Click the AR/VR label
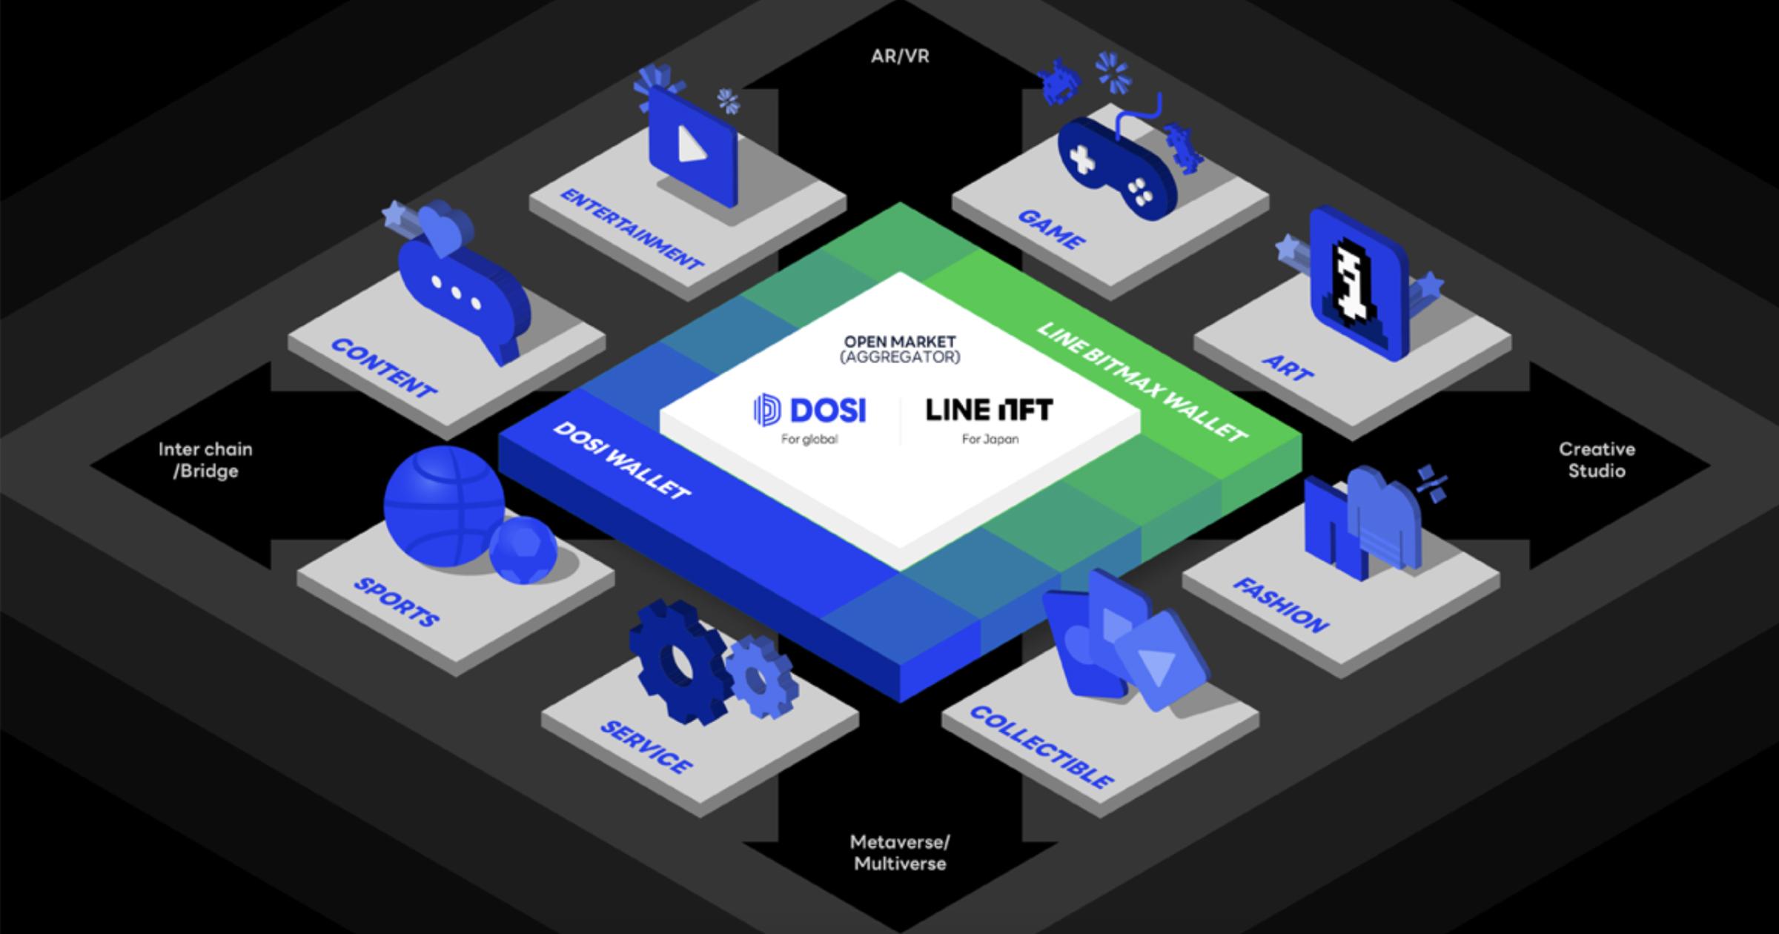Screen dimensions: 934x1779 (x=900, y=56)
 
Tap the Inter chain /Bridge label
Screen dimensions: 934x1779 (x=205, y=460)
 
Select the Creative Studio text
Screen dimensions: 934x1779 (x=1596, y=460)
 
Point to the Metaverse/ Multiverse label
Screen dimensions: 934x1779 (x=900, y=852)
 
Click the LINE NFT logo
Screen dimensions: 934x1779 (x=989, y=410)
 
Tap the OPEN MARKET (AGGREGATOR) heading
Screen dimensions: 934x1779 (x=900, y=349)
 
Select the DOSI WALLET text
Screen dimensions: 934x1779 (x=621, y=460)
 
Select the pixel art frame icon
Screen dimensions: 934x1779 (x=1358, y=285)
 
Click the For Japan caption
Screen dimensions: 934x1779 (x=990, y=439)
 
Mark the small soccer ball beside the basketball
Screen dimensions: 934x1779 (x=523, y=550)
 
